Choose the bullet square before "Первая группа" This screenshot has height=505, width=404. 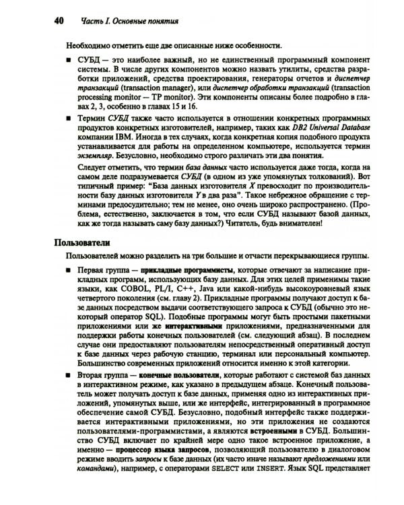69,269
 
